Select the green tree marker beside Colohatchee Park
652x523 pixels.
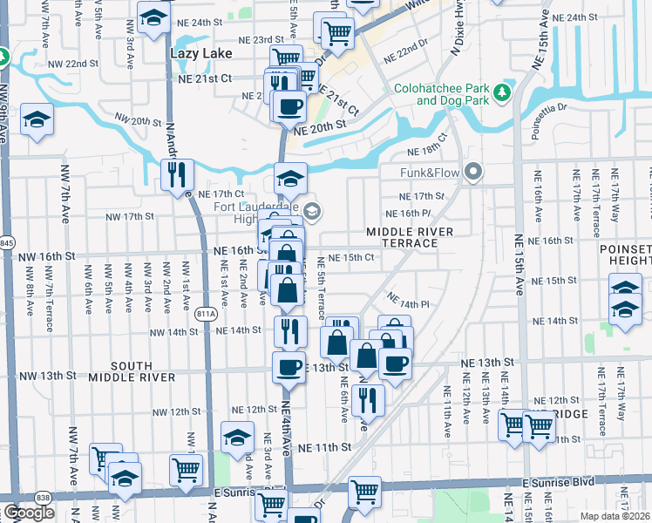[x=501, y=92]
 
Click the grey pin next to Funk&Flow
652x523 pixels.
[x=473, y=172]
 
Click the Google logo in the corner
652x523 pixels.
[x=29, y=513]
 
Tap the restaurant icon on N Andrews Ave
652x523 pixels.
[x=177, y=174]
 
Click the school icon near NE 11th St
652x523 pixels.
[x=236, y=438]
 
